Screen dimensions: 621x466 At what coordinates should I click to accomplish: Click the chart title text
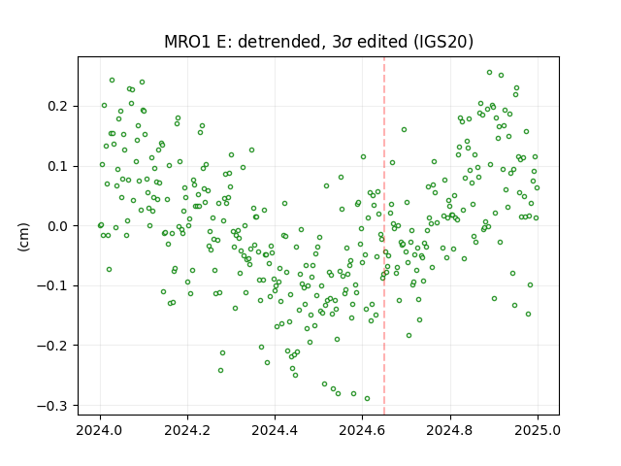coord(319,42)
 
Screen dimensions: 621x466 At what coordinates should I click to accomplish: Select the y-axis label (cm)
coord(23,237)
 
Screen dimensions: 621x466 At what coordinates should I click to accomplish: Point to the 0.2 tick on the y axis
coord(58,107)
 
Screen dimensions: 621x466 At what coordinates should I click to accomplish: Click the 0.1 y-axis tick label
coord(58,166)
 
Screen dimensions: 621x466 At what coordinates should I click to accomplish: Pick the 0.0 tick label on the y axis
coord(58,226)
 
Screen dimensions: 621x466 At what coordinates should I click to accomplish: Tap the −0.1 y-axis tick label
coord(53,286)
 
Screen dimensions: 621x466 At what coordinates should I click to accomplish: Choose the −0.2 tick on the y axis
coord(53,346)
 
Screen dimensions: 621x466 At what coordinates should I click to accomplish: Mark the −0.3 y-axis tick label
coord(53,406)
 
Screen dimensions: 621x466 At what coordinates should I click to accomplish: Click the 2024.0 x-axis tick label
coord(100,430)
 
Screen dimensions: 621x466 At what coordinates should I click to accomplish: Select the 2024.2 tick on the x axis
coord(187,430)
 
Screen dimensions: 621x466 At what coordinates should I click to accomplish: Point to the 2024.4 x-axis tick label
coord(275,430)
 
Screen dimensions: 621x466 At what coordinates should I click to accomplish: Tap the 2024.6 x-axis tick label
coord(362,430)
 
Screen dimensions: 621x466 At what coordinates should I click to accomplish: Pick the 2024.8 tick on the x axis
coord(449,430)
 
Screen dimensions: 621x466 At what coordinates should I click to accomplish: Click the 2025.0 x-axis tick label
coord(538,430)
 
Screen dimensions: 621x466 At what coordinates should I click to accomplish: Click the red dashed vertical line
coord(384,236)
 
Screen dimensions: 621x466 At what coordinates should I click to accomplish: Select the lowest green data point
coord(367,399)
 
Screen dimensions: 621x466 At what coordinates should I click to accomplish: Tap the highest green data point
coord(489,73)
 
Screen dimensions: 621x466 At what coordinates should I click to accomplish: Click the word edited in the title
coord(382,42)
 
